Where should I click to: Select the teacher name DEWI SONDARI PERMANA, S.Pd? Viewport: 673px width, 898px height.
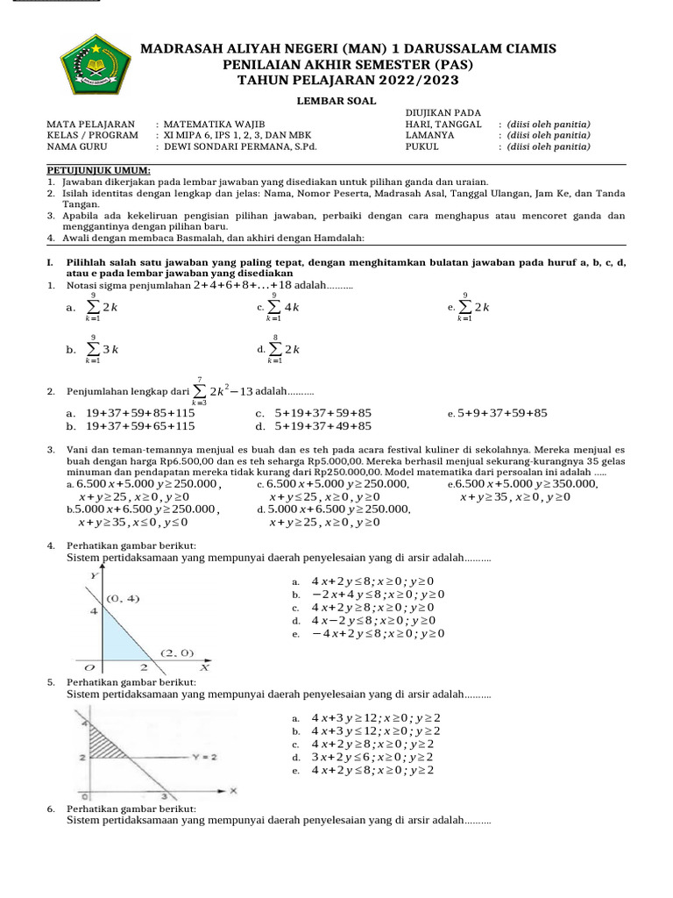pyautogui.click(x=239, y=147)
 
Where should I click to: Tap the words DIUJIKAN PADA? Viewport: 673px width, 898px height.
pyautogui.click(x=443, y=113)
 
